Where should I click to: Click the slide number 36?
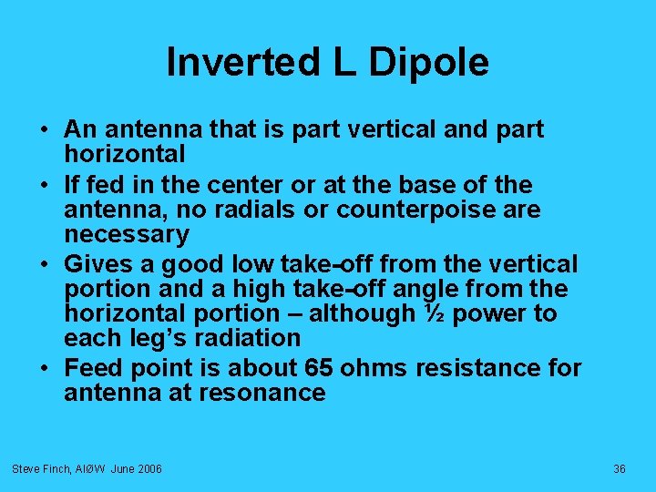click(620, 468)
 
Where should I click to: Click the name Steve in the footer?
click(25, 468)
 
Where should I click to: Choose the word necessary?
click(127, 235)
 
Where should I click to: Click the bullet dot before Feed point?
click(46, 368)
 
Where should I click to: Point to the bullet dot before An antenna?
click(46, 130)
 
